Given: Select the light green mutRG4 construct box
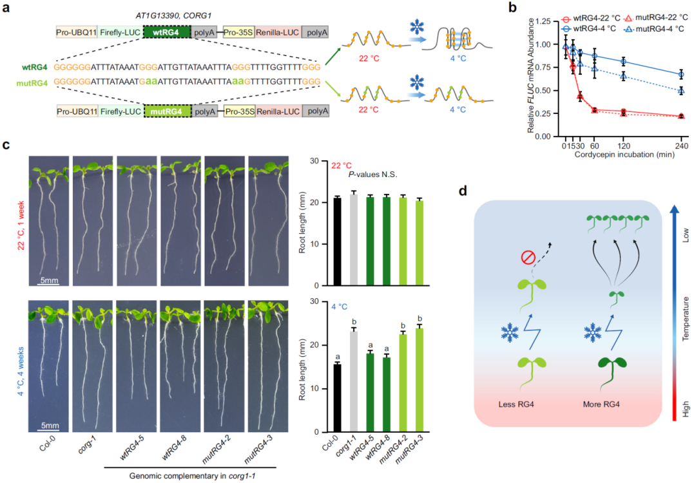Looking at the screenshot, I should (x=167, y=111).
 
